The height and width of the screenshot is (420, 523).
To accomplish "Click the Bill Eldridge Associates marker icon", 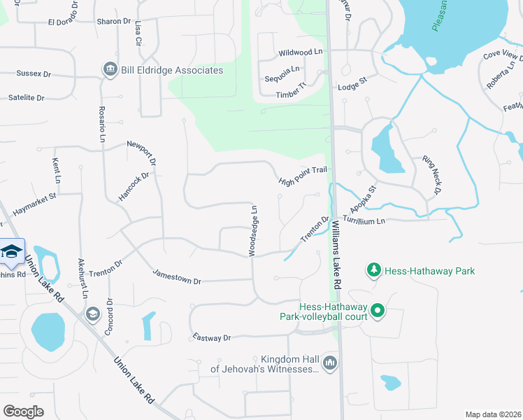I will [110, 70].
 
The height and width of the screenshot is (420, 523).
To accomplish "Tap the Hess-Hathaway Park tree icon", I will [374, 270].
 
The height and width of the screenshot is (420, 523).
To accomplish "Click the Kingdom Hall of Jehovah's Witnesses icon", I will [331, 362].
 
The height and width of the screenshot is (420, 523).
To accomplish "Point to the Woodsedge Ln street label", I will [255, 230].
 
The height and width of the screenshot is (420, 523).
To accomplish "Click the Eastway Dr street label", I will [212, 338].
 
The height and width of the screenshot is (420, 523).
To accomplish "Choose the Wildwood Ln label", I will [300, 52].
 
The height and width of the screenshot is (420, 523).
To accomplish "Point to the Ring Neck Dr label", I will [432, 175].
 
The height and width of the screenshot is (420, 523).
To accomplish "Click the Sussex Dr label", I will [34, 73].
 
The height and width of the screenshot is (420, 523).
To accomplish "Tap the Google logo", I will [23, 412].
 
